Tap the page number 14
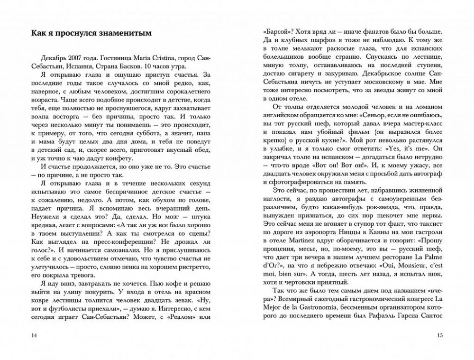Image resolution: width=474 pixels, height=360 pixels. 33,336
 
